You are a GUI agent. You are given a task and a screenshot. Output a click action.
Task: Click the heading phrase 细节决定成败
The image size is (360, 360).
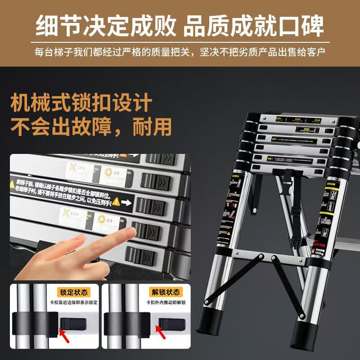tap(106, 26)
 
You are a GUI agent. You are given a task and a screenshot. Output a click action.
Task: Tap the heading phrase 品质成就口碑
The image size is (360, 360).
tap(254, 26)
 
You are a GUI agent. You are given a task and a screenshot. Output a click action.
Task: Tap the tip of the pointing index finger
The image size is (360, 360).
tap(131, 232)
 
